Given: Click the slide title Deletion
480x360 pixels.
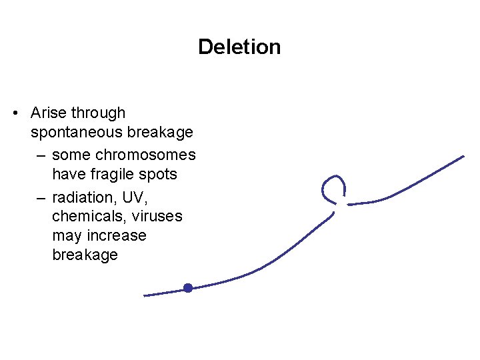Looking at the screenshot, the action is pos(239,47).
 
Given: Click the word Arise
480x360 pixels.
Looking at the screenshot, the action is pos(49,113).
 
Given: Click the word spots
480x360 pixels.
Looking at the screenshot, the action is pos(159,174).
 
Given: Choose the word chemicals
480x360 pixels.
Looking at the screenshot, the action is pos(85,217).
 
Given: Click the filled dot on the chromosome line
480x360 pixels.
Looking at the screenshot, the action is pos(188,288).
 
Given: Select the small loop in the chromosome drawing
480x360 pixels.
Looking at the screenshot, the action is pos(333,189).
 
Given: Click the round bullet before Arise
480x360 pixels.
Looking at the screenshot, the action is pos(16,114).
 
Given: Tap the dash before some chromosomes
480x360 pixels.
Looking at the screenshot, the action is pos(41,155).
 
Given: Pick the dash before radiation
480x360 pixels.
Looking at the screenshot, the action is pos(41,197).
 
